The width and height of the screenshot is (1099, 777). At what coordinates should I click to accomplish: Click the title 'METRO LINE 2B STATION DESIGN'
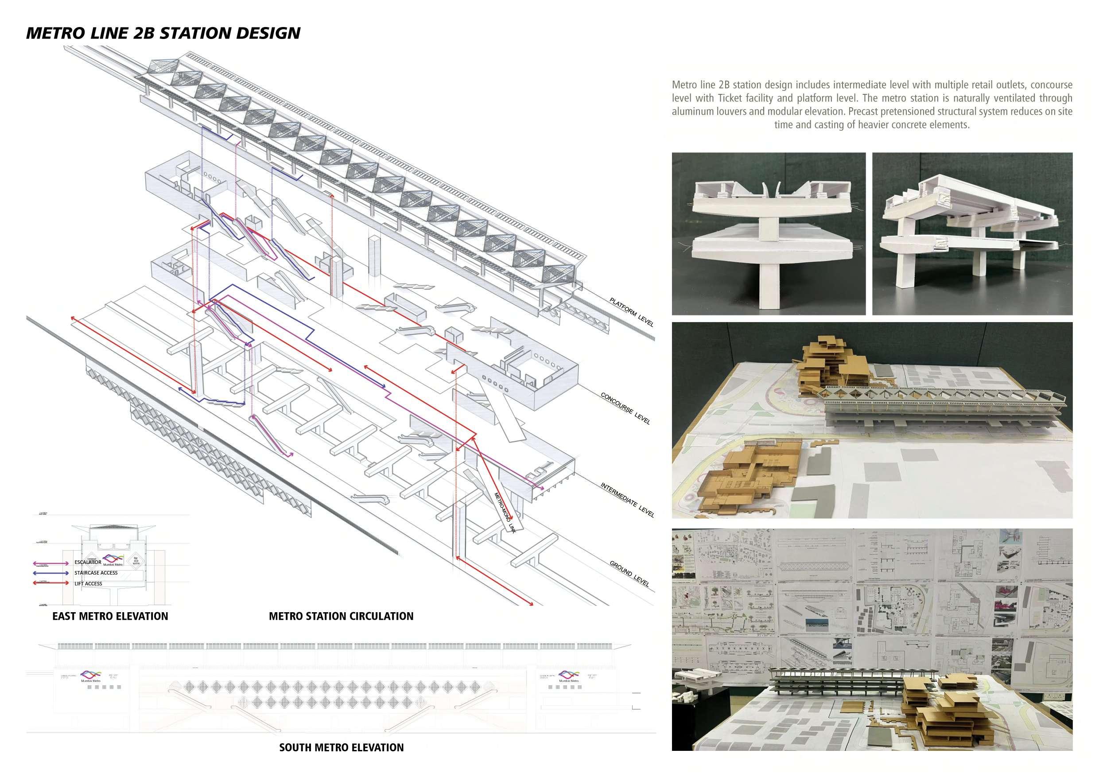coord(163,33)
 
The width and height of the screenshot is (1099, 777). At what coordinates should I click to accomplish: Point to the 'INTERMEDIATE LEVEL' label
coord(627,500)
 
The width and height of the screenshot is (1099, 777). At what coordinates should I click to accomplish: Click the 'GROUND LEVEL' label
coord(629,574)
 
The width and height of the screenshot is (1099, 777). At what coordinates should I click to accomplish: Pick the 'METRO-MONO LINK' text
coord(505,513)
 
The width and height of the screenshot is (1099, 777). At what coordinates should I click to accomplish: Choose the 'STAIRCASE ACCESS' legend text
coord(96,573)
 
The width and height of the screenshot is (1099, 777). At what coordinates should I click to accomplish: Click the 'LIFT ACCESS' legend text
coord(88,583)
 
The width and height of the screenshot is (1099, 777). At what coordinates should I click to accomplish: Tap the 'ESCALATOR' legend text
coord(88,562)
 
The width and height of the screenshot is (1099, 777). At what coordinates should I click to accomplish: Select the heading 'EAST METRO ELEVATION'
coord(110,616)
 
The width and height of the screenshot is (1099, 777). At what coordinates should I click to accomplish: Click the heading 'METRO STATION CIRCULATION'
coord(341,616)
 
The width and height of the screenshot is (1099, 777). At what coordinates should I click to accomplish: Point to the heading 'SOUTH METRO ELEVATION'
coord(341,747)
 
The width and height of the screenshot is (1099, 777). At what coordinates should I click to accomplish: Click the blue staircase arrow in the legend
coord(50,573)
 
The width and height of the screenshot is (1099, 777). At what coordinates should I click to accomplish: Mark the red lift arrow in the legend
coord(50,583)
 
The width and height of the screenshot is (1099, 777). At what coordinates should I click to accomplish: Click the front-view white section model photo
coord(768,233)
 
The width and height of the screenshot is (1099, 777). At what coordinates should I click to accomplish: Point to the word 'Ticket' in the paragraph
coord(731,98)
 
